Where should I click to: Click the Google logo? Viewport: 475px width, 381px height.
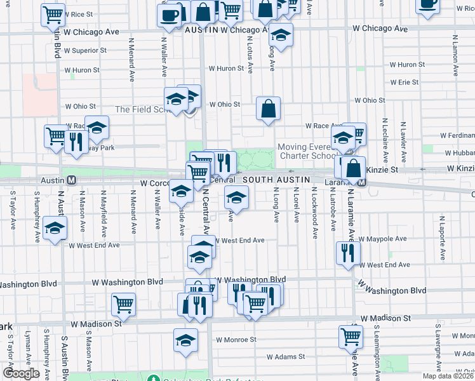click(x=21, y=373)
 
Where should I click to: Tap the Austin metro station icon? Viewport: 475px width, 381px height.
click(x=72, y=180)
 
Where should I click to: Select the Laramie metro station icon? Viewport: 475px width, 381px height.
click(x=361, y=183)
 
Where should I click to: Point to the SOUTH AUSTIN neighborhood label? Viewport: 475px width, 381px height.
click(x=276, y=180)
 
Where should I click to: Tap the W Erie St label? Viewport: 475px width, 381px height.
click(x=404, y=83)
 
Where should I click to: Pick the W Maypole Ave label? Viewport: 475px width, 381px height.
click(x=383, y=240)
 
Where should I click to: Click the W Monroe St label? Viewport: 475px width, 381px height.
click(x=236, y=340)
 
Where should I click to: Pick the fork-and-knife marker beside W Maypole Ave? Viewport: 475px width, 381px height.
click(x=347, y=253)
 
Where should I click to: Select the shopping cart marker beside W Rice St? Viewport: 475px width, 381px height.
click(x=53, y=15)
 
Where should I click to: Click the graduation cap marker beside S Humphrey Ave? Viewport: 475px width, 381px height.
click(x=55, y=227)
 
